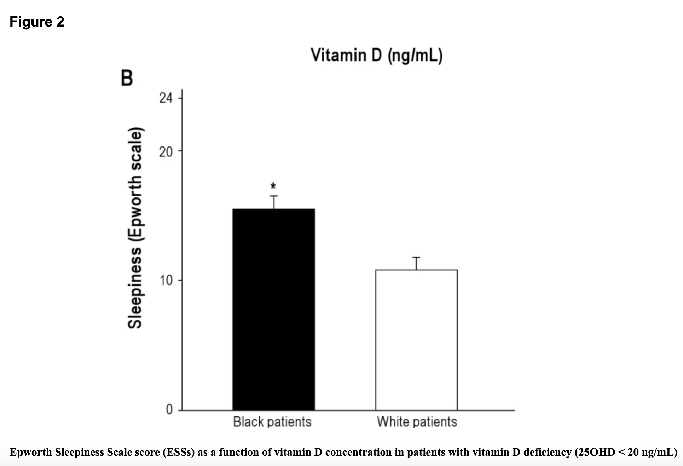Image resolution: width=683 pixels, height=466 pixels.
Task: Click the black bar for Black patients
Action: [x=273, y=310]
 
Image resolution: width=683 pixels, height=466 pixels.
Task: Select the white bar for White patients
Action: [x=416, y=340]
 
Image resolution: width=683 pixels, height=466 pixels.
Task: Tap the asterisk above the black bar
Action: [x=273, y=186]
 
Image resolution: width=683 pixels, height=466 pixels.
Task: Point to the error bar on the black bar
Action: [x=274, y=202]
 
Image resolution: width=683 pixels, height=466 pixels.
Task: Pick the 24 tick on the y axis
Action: [x=166, y=98]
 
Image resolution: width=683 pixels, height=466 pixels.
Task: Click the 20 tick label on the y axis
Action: [x=166, y=152]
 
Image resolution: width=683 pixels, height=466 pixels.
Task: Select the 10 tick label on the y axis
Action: [x=166, y=281]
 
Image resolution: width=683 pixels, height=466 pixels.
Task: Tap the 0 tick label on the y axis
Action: [x=169, y=409]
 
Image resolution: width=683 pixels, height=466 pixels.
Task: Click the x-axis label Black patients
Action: [x=272, y=422]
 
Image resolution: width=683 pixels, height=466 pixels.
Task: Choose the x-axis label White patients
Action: [x=417, y=422]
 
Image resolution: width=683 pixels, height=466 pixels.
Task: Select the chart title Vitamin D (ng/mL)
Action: [x=377, y=56]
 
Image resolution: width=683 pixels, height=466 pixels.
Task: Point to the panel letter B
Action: [x=127, y=78]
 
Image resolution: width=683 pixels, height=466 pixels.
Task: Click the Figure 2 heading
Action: [x=37, y=22]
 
